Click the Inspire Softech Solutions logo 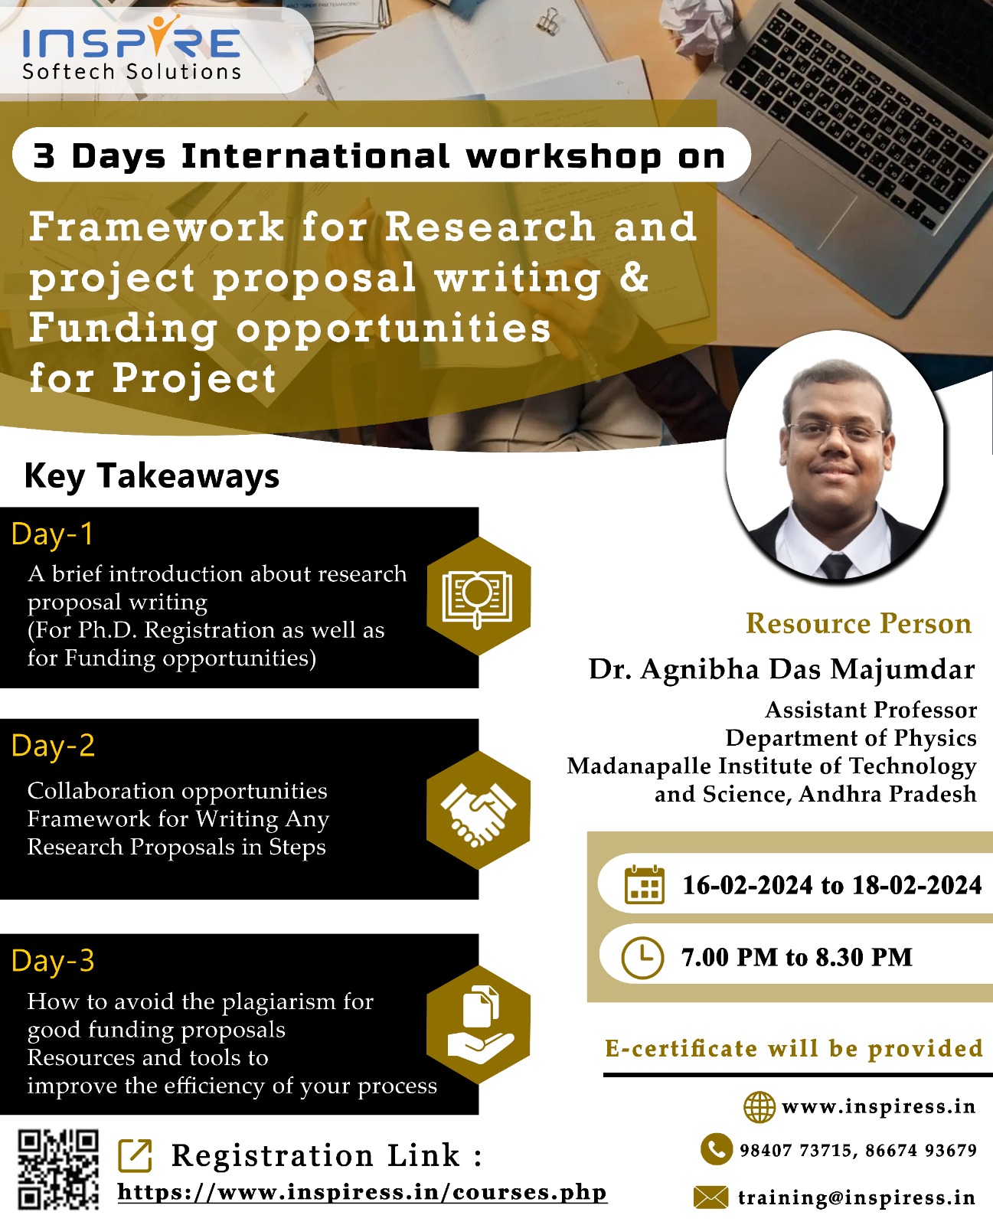tap(131, 47)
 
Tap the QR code tap(58, 1169)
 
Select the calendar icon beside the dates tap(644, 884)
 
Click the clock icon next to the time tap(642, 958)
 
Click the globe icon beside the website tap(759, 1106)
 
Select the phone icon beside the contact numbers tap(717, 1149)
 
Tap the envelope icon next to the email tap(710, 1197)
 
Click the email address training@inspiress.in tap(857, 1197)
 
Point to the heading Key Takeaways tap(152, 477)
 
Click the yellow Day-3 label tap(53, 961)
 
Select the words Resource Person tap(858, 623)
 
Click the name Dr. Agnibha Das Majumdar tap(782, 669)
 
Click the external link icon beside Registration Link tap(135, 1155)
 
